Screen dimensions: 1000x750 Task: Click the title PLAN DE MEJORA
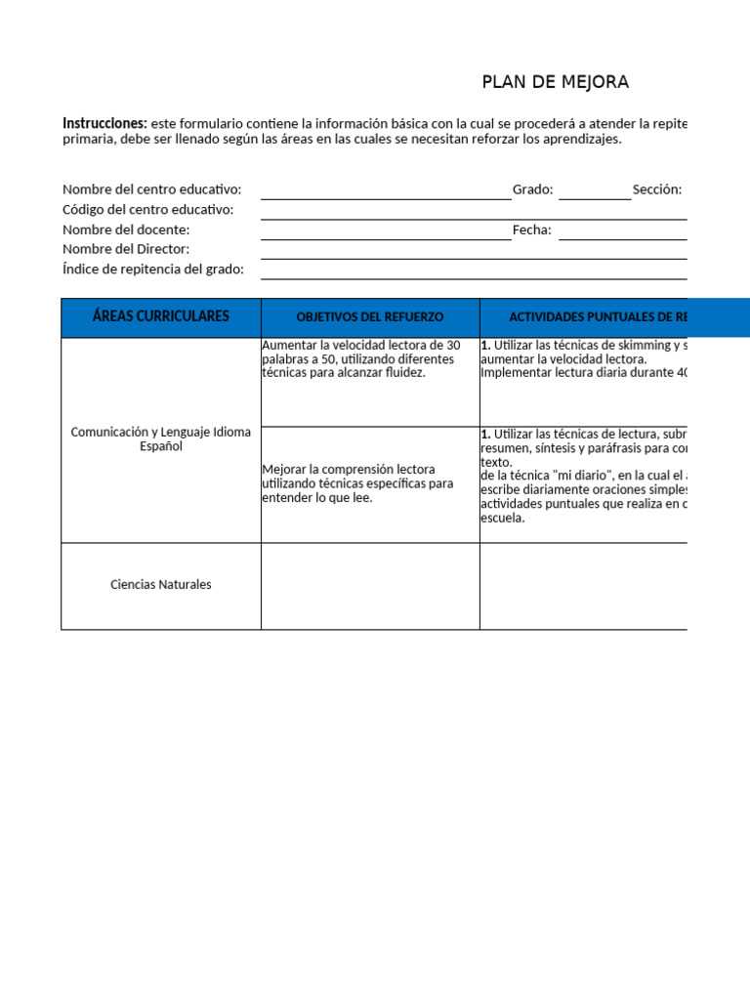click(x=555, y=82)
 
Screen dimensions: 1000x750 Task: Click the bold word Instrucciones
click(x=104, y=123)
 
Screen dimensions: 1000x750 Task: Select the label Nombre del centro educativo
click(x=151, y=189)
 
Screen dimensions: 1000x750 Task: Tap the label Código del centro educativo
click(x=147, y=209)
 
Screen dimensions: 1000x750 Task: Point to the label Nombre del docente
click(x=126, y=229)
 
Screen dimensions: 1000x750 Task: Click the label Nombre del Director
click(x=126, y=249)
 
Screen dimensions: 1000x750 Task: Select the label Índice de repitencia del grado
click(x=153, y=269)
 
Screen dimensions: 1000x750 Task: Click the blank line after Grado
click(x=595, y=192)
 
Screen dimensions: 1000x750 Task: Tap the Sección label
click(x=656, y=189)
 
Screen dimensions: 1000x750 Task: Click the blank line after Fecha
click(x=622, y=232)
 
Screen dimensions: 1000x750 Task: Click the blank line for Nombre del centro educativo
click(x=385, y=192)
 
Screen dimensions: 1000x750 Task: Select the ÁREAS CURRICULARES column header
click(x=161, y=316)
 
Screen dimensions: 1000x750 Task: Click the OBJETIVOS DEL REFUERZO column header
click(x=369, y=317)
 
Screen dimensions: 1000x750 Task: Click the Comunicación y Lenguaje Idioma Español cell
click(x=161, y=438)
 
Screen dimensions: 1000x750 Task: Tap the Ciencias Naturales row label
click(x=161, y=585)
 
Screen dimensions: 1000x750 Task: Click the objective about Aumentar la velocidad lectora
click(x=360, y=358)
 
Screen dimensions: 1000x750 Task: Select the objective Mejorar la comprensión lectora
click(x=357, y=483)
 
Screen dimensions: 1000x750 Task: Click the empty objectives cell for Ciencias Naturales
click(x=370, y=586)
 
